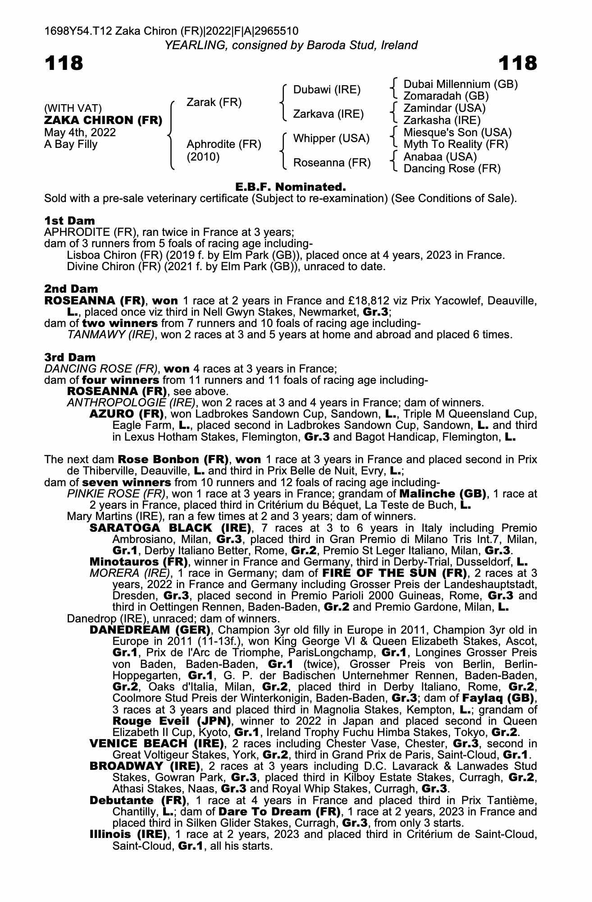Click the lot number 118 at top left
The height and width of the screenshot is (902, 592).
64,63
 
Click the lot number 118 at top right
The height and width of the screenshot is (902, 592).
518,63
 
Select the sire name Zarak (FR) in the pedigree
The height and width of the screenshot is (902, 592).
214,102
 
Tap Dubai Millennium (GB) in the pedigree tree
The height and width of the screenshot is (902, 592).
460,84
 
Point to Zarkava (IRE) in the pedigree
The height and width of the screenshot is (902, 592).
328,114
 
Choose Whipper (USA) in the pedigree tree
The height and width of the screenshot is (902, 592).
331,138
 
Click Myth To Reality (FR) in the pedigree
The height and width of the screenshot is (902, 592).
455,144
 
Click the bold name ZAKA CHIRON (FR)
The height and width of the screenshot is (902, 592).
103,120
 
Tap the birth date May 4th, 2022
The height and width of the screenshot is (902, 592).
80,133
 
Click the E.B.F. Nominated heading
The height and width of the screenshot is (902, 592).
291,187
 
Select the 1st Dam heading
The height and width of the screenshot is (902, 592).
70,221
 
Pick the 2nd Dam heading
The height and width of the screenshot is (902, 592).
71,289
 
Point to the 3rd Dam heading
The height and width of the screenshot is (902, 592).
70,357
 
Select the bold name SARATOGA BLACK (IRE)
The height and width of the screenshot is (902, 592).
170,528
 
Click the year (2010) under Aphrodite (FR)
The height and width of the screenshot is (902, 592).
203,157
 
